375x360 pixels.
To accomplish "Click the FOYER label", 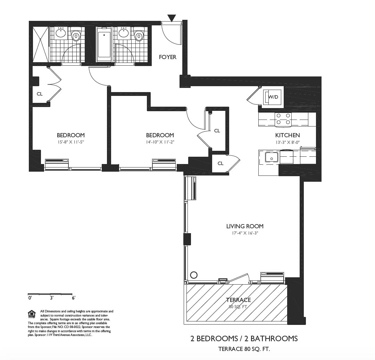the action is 168,57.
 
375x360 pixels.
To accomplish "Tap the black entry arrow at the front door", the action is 172,18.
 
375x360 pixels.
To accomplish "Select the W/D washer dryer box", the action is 273,97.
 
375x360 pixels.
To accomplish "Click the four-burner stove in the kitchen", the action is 283,119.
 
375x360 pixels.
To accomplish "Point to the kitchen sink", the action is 272,157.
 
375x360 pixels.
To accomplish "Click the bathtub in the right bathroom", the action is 104,44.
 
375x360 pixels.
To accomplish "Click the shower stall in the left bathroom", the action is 41,44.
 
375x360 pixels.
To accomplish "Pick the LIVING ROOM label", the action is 245,226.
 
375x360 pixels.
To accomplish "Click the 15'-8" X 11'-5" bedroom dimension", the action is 71,142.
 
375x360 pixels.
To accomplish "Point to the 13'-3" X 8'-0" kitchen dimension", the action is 287,142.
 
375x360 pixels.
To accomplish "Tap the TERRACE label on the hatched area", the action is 239,300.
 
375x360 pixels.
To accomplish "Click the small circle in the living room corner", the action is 194,275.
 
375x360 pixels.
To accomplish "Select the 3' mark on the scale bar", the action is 51,298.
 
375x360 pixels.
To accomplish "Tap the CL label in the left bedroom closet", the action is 40,94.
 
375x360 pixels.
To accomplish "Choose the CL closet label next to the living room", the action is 220,163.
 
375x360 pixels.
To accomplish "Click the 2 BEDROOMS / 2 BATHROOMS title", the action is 244,338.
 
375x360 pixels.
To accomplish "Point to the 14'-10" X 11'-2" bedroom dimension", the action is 160,142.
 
